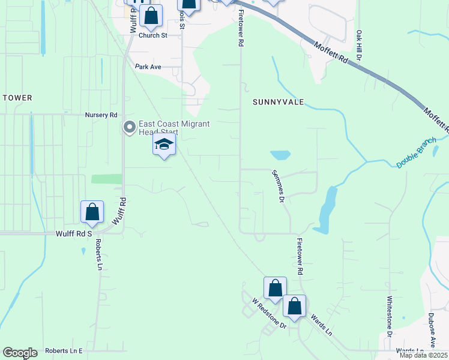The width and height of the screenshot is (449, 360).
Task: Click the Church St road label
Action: (x=152, y=35)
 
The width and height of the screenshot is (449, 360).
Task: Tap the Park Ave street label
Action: (x=148, y=67)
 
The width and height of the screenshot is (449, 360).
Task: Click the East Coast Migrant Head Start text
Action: (x=174, y=128)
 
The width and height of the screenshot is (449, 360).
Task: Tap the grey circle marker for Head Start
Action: (x=129, y=127)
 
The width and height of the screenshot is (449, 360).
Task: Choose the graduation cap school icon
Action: (x=164, y=145)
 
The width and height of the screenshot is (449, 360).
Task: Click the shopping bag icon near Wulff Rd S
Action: (x=92, y=212)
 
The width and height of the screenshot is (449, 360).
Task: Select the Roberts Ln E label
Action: (x=63, y=350)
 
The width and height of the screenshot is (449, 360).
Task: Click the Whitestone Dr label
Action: (x=389, y=316)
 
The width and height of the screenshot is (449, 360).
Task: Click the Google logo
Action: (x=20, y=353)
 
